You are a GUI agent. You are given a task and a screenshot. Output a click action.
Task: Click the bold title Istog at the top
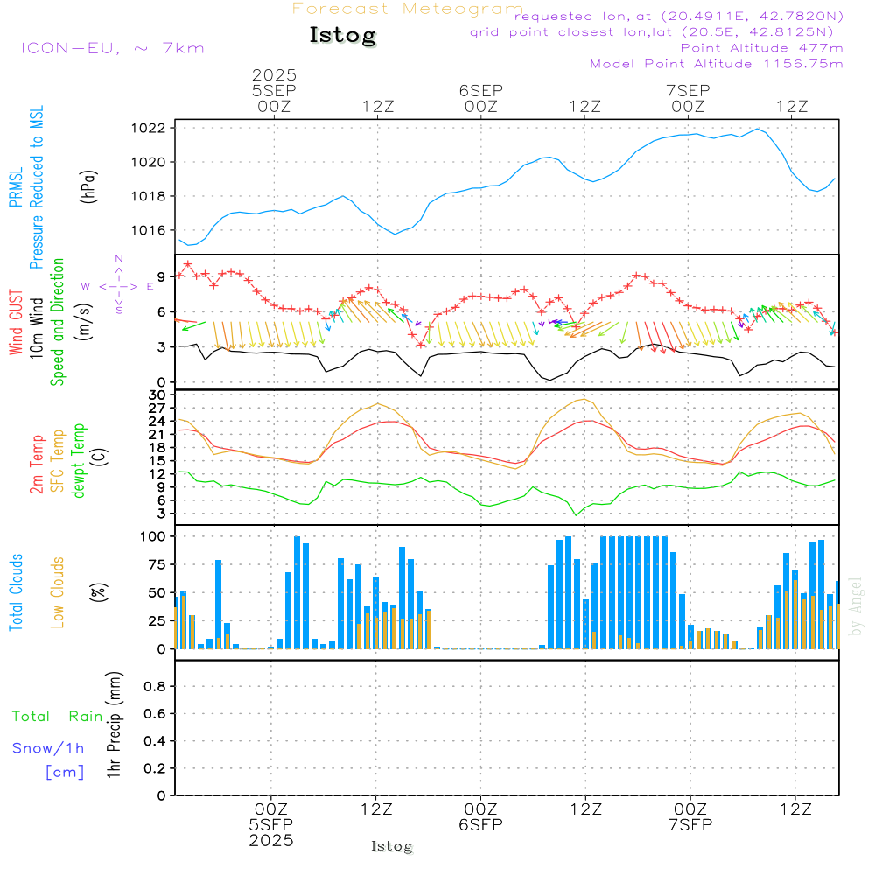coord(342,36)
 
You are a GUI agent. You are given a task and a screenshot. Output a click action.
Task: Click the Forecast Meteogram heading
coord(408,9)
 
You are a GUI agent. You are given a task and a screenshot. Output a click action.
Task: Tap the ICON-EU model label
coord(112,47)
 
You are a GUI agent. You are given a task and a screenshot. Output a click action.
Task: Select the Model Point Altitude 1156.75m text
coord(717,64)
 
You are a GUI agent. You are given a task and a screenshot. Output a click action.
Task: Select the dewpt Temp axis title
coord(79,461)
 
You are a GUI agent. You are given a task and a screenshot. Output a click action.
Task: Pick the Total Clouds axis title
coord(16,592)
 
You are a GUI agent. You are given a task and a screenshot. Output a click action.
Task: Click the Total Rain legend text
coord(58,717)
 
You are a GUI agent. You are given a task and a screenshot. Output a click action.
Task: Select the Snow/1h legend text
coord(49,748)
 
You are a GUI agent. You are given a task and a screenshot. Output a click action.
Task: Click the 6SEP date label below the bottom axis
coord(480,824)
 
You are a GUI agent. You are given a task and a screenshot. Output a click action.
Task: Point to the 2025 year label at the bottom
coord(272,840)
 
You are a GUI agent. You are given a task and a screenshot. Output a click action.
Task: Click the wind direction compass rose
coord(119,286)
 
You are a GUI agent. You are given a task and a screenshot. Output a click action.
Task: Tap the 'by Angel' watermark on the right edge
coord(857,605)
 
